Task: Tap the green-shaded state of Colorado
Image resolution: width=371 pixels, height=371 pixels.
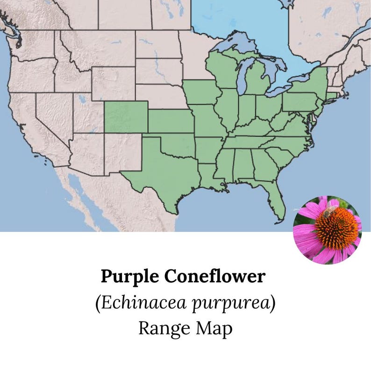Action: click(x=126, y=117)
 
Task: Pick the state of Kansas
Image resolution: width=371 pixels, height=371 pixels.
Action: click(x=171, y=122)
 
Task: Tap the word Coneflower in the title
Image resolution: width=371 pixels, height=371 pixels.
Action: click(x=214, y=277)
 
